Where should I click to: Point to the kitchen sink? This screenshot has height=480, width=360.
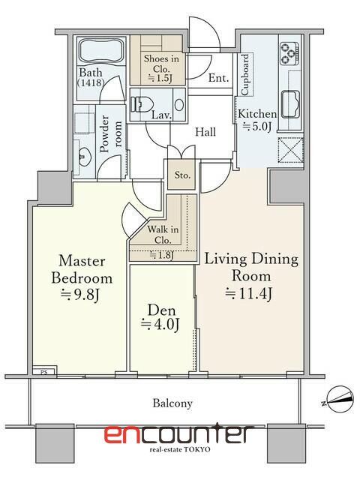tap(290, 104)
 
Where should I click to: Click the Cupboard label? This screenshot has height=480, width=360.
tap(245, 75)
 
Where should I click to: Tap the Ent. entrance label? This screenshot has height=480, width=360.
tap(218, 78)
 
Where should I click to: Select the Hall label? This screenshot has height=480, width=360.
tap(205, 132)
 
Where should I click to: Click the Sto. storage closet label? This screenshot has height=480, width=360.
tap(182, 175)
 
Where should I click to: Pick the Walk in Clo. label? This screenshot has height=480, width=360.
tap(163, 235)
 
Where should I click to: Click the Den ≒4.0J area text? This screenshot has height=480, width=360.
tap(160, 317)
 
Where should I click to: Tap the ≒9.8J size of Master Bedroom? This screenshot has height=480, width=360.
tap(80, 295)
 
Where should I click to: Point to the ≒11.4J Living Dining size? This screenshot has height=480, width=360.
tap(248, 293)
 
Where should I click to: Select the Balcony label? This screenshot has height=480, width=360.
tap(172, 403)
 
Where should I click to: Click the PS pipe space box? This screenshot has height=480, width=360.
tap(43, 371)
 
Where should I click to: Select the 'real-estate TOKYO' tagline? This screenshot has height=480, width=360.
tap(180, 450)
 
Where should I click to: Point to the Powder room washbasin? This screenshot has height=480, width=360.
tap(82, 155)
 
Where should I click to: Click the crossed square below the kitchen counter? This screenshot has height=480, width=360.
tap(290, 150)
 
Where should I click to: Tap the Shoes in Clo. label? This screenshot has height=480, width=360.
tap(161, 68)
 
